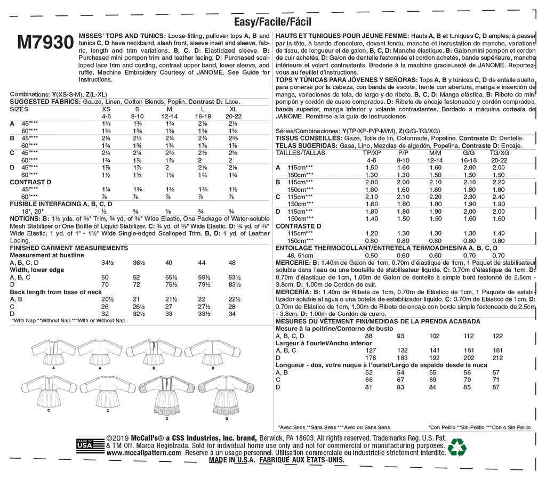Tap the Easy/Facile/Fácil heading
pyautogui.click(x=272, y=22)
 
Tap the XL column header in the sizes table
pyautogui.click(x=232, y=108)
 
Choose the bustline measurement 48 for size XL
pyautogui.click(x=232, y=263)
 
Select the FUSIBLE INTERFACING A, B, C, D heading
pyautogui.click(x=61, y=204)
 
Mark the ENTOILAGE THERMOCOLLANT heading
pyautogui.click(x=326, y=248)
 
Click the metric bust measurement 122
pyautogui.click(x=498, y=336)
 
